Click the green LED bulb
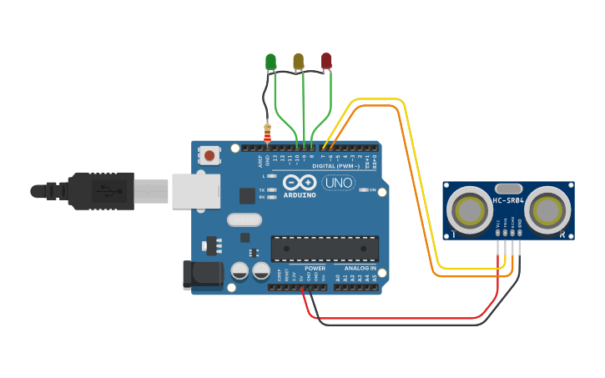point(270,61)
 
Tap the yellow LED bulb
point(299,61)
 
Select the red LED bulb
point(326,61)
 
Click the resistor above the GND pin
point(267,132)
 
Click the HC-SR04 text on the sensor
point(508,200)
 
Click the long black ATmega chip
point(325,248)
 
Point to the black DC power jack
point(203,275)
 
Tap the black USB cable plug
point(100,190)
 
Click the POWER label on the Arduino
point(315,269)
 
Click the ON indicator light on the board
point(364,190)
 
